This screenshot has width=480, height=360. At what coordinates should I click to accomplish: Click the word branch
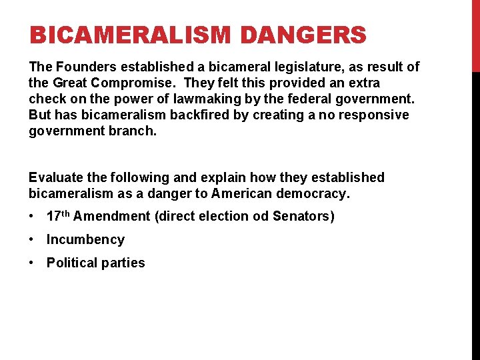tap(137, 131)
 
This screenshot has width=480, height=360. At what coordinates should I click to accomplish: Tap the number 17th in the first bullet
tap(59, 216)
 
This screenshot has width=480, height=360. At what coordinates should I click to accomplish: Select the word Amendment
tap(111, 217)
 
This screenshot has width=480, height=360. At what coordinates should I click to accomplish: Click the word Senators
tap(303, 217)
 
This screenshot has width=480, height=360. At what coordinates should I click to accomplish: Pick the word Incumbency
tap(85, 240)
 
